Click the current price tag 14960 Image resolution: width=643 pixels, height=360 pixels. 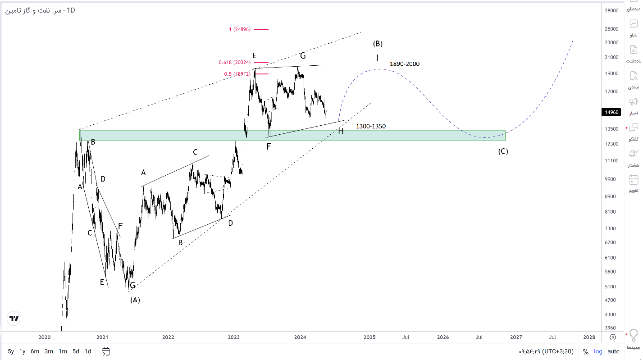(611, 112)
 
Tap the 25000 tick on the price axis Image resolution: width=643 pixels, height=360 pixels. (611, 29)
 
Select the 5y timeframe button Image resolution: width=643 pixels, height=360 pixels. (11, 351)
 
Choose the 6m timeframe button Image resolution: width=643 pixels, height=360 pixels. (35, 351)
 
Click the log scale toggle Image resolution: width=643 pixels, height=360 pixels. (598, 351)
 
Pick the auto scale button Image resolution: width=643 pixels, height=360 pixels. (613, 351)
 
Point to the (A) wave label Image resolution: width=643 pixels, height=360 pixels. (135, 300)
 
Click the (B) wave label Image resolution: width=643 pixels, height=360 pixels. (378, 44)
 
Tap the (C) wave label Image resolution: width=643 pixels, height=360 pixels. (503, 151)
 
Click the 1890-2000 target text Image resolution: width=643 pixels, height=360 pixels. (405, 64)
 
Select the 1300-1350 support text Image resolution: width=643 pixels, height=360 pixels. (371, 126)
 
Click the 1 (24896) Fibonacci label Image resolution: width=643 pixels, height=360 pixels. (240, 29)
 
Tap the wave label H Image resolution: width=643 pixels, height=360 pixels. (341, 132)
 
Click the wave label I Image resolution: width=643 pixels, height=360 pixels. (378, 58)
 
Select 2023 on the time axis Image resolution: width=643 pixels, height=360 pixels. (234, 337)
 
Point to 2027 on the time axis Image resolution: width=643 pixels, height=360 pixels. (516, 337)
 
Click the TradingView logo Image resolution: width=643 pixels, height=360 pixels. (14, 319)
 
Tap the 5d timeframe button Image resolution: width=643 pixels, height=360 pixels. (76, 351)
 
